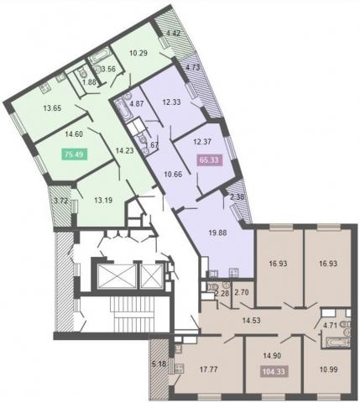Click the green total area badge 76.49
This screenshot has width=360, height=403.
pos(75,154)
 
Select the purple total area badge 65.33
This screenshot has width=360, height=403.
pos(210,160)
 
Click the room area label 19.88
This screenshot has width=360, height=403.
pos(218,233)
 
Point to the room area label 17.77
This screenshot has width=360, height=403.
pos(209,369)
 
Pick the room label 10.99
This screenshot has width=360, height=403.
pos(328,369)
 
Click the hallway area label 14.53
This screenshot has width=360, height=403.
pos(251,321)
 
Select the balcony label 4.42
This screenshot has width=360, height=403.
pos(174,34)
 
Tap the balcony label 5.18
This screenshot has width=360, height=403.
pos(159,364)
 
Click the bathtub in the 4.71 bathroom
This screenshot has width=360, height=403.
pos(338,343)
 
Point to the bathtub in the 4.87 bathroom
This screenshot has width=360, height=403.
pos(123,110)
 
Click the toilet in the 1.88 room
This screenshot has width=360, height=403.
pos(83,73)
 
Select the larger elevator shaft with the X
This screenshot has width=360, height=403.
pos(117,276)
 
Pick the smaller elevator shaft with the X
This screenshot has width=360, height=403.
pos(152,276)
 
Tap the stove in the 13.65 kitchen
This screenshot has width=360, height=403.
pos(44,89)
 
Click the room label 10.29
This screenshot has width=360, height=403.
pos(138,53)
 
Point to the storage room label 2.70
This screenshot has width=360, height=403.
pos(243,293)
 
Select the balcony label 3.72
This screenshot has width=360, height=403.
pos(61,201)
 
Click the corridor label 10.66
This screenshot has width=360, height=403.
pos(173,175)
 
